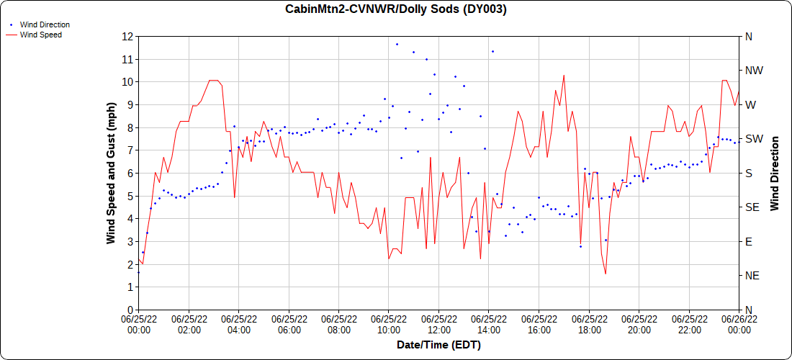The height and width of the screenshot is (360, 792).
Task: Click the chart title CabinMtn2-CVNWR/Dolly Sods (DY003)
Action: [x=396, y=9]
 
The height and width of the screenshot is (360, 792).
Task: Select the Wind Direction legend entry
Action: [x=45, y=24]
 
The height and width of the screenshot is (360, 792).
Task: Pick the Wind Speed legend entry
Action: [x=40, y=34]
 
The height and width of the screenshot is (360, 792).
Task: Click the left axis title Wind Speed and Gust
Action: [x=112, y=173]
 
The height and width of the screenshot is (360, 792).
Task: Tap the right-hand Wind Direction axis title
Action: [x=775, y=173]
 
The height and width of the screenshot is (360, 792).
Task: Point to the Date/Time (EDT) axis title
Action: [x=438, y=345]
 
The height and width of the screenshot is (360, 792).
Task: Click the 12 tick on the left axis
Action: [x=128, y=36]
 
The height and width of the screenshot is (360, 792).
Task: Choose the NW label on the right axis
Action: [x=753, y=71]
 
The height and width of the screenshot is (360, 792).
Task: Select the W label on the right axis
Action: [x=750, y=104]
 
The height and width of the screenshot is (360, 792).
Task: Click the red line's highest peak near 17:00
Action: [x=564, y=75]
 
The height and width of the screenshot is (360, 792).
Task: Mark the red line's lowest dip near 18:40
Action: [x=606, y=274]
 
